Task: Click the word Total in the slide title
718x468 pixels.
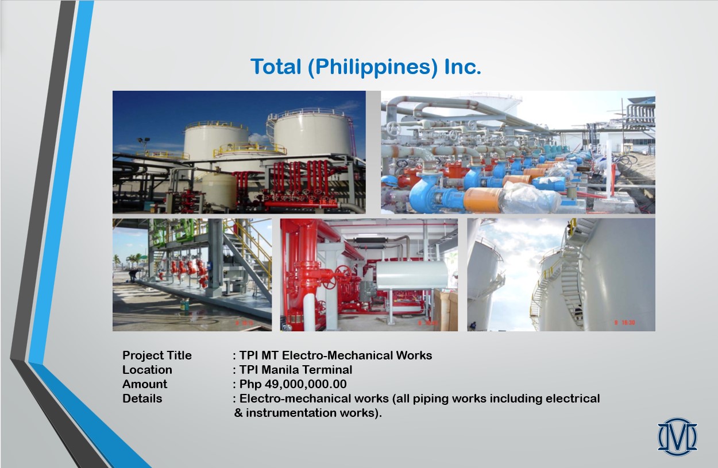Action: point(276,67)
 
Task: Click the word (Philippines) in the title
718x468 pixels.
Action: point(372,67)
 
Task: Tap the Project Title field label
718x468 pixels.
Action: point(157,355)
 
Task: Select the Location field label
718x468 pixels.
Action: point(147,370)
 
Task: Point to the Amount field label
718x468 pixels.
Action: point(145,384)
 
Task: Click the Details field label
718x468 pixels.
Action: point(142,398)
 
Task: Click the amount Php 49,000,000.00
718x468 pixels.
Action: point(293,384)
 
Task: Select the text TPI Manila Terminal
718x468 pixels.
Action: point(296,370)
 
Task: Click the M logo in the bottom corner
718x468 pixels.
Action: point(677,436)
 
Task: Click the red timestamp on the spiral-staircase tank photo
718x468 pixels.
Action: point(624,323)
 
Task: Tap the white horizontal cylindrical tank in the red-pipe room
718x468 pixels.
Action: point(412,274)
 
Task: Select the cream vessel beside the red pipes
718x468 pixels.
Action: point(219,191)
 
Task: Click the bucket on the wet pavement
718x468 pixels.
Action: point(184,304)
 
